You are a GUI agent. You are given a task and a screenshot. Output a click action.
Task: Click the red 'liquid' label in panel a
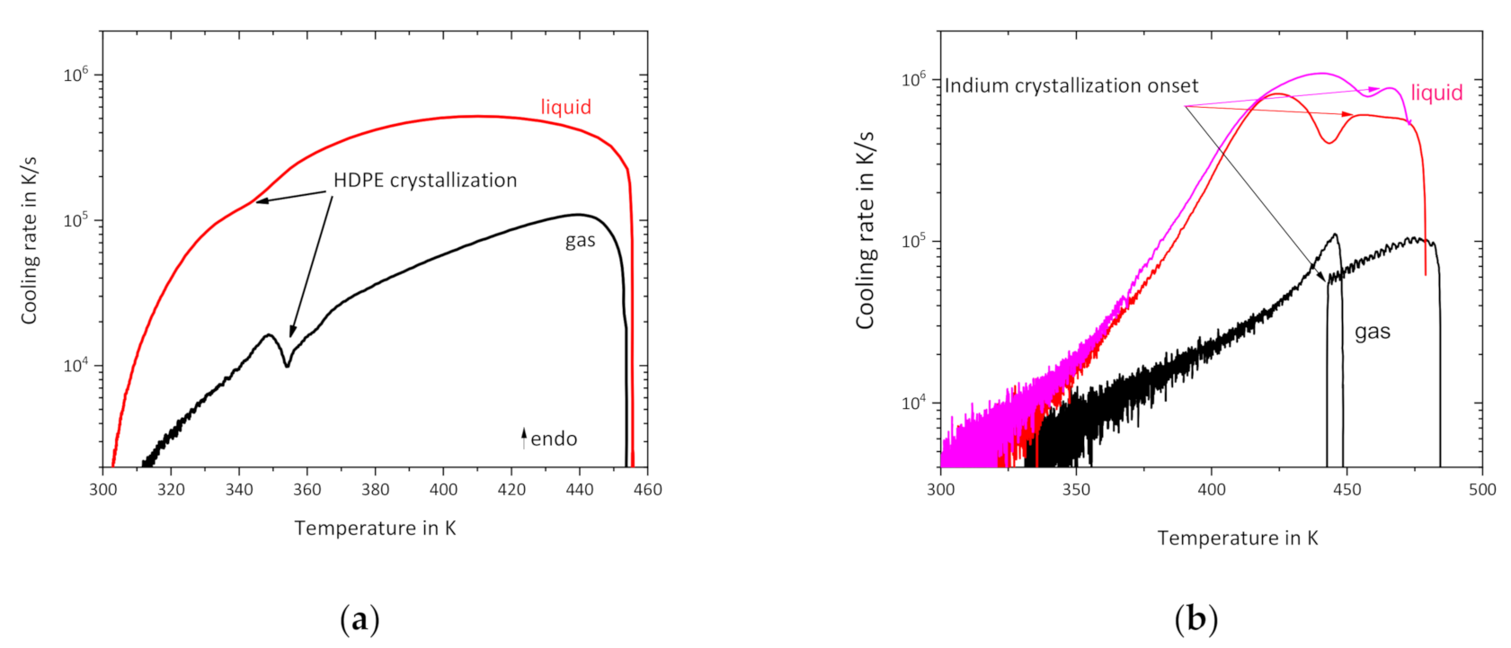coord(565,107)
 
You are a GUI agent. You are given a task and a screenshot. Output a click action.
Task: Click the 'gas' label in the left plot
coord(580,241)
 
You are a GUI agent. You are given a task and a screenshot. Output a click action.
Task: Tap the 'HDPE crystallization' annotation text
coord(425,180)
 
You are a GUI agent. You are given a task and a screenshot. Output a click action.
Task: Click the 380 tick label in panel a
coord(375,489)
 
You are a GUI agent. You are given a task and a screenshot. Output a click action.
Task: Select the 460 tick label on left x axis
coord(647,489)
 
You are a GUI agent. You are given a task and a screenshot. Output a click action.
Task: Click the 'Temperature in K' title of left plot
coord(375,528)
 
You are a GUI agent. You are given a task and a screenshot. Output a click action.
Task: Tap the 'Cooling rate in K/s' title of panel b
coord(865,230)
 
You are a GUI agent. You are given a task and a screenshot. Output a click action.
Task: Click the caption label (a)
coord(360,619)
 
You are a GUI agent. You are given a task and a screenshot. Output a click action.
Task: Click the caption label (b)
coord(1195,619)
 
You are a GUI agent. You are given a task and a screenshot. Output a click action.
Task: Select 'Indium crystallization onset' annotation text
coord(1071,85)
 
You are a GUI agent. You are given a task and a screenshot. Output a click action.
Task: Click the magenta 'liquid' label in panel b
coord(1436,93)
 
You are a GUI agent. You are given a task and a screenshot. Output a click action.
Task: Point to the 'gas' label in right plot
coord(1372,332)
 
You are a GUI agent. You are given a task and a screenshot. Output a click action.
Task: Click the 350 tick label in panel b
coord(1076,490)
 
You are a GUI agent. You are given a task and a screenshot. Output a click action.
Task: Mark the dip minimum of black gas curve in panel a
coord(287,366)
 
